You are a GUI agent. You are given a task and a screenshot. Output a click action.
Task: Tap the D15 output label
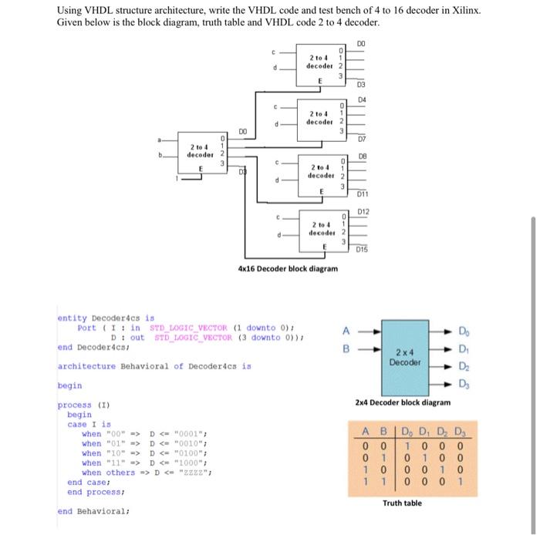(x=361, y=248)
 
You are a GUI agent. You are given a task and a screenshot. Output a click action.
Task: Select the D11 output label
(x=361, y=197)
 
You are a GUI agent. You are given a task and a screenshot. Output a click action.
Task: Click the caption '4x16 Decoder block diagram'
(x=288, y=269)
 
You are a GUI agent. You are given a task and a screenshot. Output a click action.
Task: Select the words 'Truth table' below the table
(x=403, y=503)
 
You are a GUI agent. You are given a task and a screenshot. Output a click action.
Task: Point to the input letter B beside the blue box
(x=346, y=348)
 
